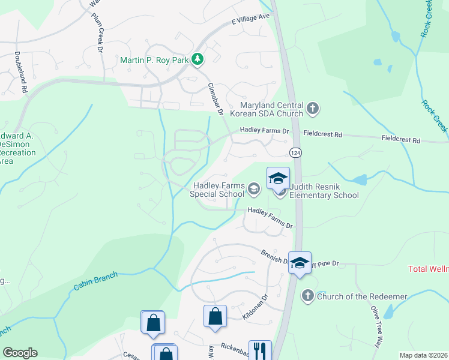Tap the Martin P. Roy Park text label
point(154,60)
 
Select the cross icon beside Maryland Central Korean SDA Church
point(312,109)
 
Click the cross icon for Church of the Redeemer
point(307,296)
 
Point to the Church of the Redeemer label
point(362,296)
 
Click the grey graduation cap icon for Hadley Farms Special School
point(253,190)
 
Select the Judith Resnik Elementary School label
point(324,190)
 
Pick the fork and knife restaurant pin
point(260,350)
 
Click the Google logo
point(20,353)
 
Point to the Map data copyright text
point(424,355)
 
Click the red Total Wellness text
point(428,269)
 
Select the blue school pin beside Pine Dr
point(300,263)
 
